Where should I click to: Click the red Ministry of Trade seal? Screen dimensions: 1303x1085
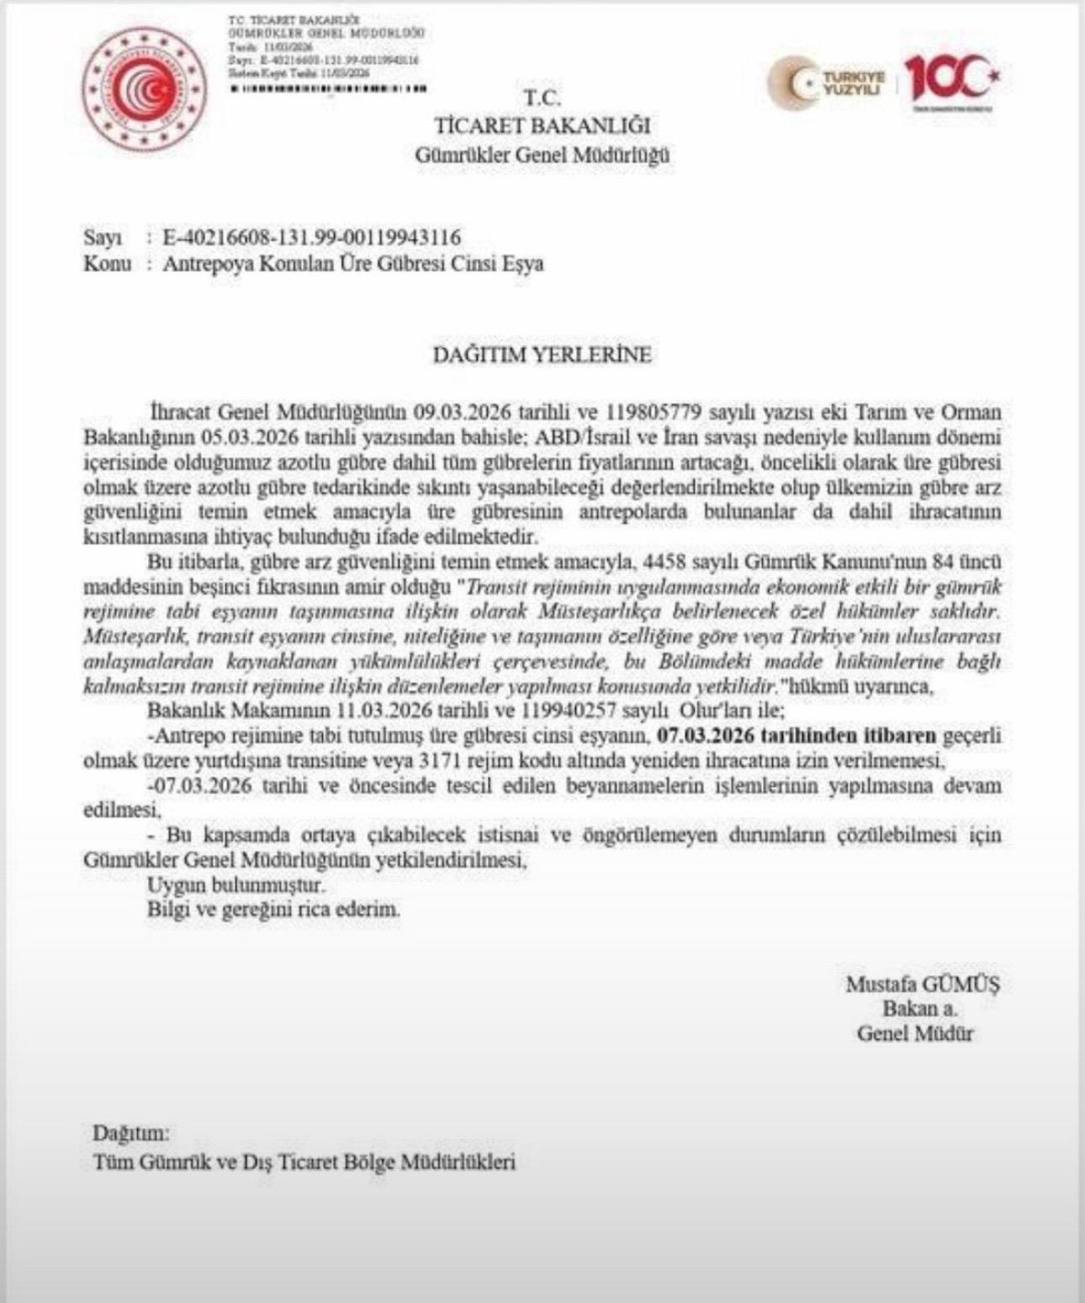(145, 87)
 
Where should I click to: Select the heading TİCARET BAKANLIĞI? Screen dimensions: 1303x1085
(542, 125)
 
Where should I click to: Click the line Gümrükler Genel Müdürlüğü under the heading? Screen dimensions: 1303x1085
(542, 155)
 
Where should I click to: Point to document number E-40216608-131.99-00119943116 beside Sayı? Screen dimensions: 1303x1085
(311, 238)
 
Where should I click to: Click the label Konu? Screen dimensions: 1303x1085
(107, 263)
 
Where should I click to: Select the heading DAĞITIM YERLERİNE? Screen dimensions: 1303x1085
(542, 354)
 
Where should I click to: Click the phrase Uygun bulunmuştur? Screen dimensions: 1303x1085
(236, 884)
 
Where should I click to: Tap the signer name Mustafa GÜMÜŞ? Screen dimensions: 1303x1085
(923, 984)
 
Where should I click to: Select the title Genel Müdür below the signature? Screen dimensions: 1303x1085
(914, 1033)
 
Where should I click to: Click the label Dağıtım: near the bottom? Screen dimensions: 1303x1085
(131, 1133)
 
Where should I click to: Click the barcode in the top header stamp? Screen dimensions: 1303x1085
(328, 87)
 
